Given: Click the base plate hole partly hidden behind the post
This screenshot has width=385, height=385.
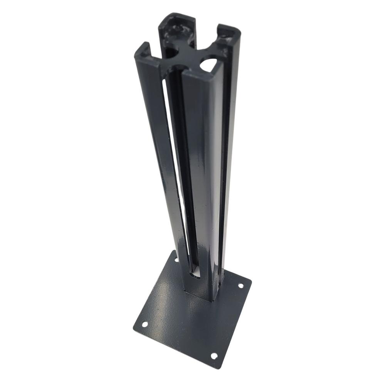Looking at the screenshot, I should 177,260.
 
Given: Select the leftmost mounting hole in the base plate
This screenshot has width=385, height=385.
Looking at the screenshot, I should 145,324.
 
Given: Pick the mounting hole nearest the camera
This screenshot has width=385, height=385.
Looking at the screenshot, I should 214,356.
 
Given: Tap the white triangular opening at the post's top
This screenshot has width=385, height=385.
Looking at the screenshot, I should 208,65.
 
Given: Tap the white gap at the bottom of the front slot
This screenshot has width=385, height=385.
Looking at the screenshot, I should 195,274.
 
